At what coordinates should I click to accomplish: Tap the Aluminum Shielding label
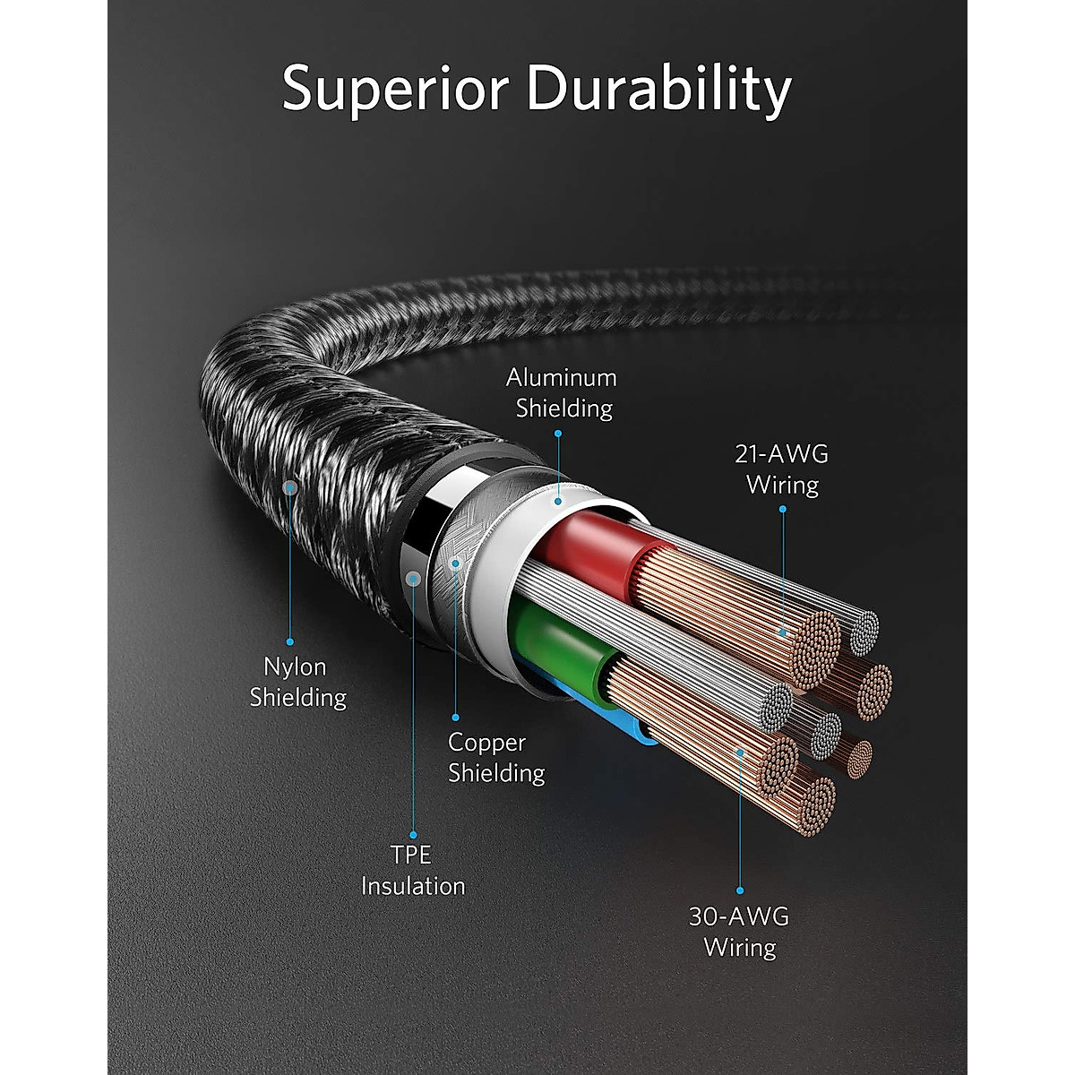pyautogui.click(x=562, y=392)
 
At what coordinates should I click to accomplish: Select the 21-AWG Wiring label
pyautogui.click(x=782, y=469)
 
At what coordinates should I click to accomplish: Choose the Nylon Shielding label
pyautogui.click(x=297, y=681)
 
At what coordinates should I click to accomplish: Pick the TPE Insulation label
pyautogui.click(x=413, y=870)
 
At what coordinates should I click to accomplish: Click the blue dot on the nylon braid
pyautogui.click(x=290, y=487)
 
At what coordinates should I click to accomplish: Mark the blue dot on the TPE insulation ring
pyautogui.click(x=413, y=578)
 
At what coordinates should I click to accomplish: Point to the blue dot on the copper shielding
pyautogui.click(x=455, y=563)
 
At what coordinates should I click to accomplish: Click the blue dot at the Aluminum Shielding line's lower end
pyautogui.click(x=558, y=501)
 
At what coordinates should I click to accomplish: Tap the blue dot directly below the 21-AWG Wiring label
pyautogui.click(x=782, y=510)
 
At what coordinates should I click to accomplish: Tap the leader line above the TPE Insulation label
pyautogui.click(x=413, y=717)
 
